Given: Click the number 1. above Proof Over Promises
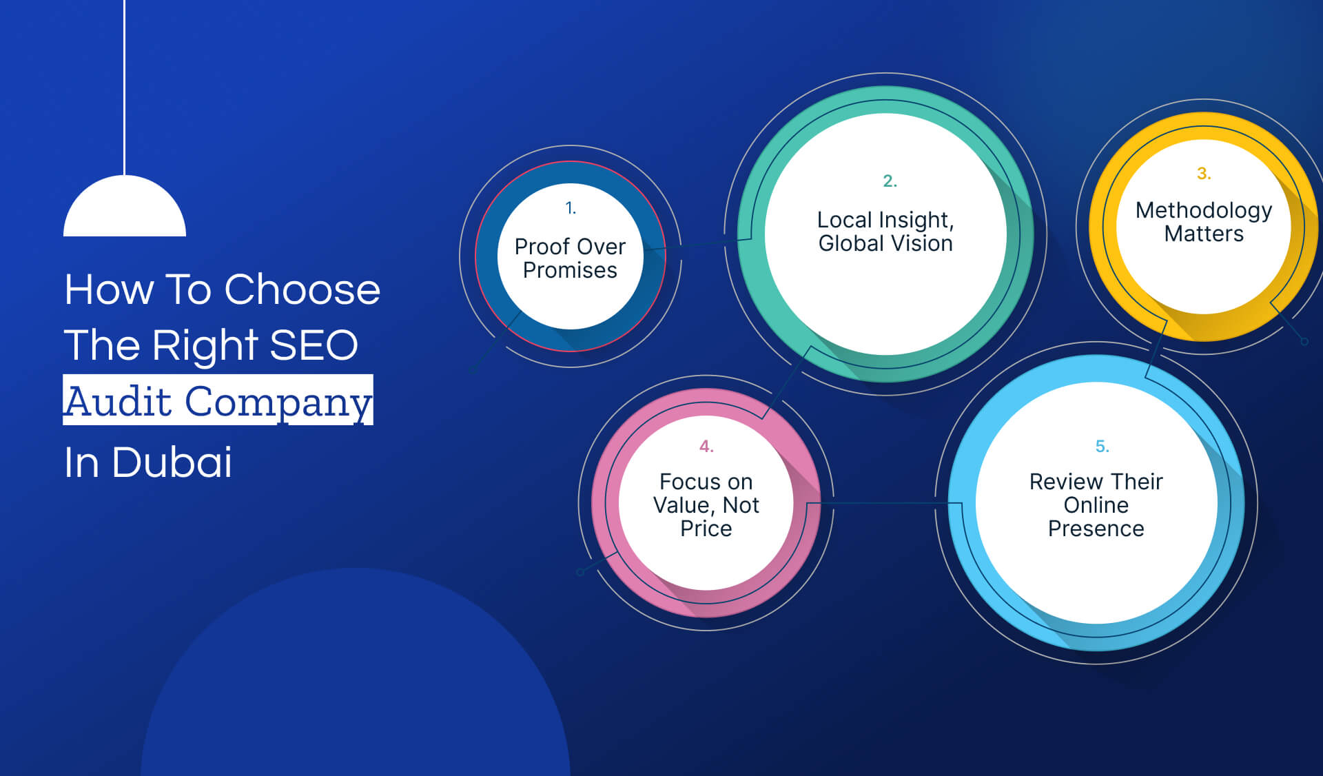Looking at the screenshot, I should click(x=570, y=207).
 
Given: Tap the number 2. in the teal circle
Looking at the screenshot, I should click(x=890, y=181).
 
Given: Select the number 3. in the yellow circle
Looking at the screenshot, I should click(x=1203, y=173).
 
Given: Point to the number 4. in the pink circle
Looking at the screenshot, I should click(x=706, y=447).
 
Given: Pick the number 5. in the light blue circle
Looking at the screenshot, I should click(x=1102, y=447).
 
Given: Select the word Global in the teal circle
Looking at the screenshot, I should click(x=850, y=243).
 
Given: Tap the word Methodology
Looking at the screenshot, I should click(x=1203, y=210).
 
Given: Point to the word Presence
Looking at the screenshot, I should click(x=1096, y=529).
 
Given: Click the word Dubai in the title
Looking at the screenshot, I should click(x=172, y=462).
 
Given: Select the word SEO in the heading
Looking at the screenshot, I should click(x=314, y=345).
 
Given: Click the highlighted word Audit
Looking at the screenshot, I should click(x=118, y=401).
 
